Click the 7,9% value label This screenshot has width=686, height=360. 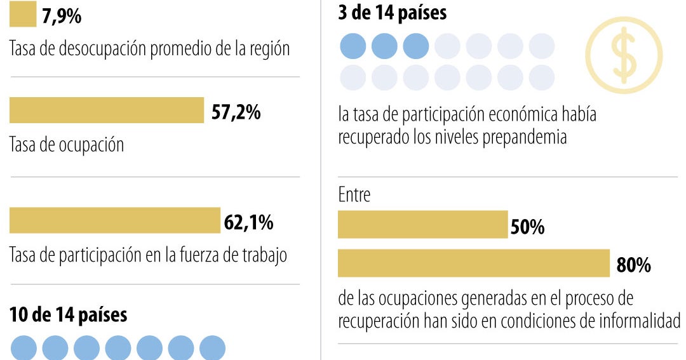click(x=62, y=16)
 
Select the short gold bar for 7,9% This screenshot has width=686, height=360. click(x=23, y=14)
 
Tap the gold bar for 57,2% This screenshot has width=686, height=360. click(x=106, y=110)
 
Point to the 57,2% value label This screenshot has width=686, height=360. click(x=236, y=112)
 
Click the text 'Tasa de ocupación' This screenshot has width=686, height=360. click(x=67, y=145)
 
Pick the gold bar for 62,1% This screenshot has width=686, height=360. click(x=114, y=220)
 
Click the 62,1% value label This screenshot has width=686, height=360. click(x=249, y=222)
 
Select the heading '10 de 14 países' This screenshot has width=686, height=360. click(x=68, y=314)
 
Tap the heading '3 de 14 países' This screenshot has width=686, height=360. click(x=393, y=13)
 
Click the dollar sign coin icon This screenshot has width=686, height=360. click(x=623, y=55)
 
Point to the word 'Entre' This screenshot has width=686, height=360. click(x=354, y=194)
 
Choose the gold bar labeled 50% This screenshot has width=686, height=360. click(x=422, y=224)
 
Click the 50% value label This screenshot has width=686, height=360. click(x=527, y=227)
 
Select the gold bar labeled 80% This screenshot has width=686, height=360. click(x=473, y=263)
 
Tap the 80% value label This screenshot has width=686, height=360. click(x=633, y=265)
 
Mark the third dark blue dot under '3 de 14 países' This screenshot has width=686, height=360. click(x=416, y=46)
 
